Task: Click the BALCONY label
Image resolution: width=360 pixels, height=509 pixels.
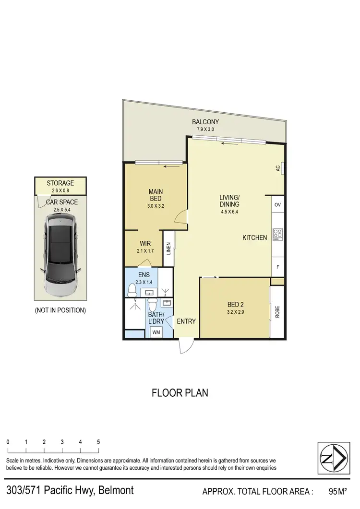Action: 205,122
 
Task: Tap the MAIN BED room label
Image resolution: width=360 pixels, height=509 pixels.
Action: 155,195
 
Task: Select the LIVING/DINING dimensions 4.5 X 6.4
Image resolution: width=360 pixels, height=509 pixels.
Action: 229,212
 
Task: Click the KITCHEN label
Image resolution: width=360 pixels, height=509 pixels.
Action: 254,237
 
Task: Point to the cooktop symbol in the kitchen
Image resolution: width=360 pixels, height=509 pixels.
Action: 278,234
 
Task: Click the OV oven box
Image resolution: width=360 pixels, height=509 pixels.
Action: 278,204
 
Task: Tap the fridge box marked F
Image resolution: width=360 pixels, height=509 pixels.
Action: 278,266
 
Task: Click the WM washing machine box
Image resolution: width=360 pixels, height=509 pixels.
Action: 156,332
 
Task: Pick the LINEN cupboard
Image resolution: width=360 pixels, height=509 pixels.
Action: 169,249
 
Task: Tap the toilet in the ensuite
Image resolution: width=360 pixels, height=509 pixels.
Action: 132,290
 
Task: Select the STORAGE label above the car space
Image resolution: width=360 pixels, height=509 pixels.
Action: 60,183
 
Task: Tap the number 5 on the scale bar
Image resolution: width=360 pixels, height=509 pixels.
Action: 98,442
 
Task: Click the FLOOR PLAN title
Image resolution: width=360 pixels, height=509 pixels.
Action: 180,393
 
